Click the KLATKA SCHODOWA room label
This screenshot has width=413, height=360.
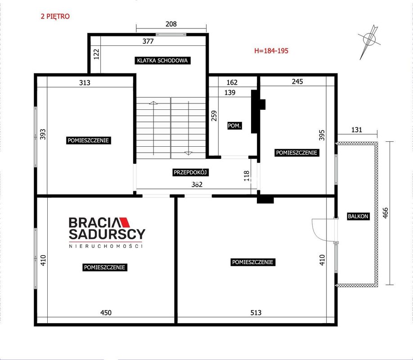click(162, 60)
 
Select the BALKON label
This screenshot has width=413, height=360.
click(358, 216)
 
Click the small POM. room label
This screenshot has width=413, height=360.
click(234, 126)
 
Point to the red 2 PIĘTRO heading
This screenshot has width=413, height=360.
click(55, 16)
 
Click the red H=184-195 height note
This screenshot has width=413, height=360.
click(271, 50)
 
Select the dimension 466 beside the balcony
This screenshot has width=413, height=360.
click(385, 213)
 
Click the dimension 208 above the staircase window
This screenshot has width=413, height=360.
click(171, 24)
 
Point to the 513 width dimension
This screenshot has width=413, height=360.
click(256, 313)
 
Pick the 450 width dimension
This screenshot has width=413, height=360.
click(106, 313)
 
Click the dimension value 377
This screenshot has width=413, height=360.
click(148, 41)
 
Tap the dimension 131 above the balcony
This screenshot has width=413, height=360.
click(357, 130)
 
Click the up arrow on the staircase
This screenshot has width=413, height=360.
click(153, 128)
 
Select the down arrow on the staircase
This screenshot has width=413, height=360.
click(189, 128)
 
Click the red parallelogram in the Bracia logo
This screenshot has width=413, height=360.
click(125, 222)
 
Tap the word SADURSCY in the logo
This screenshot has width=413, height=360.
click(107, 234)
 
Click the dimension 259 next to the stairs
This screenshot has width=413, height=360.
click(214, 116)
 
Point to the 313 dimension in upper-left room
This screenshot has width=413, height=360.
click(85, 83)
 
